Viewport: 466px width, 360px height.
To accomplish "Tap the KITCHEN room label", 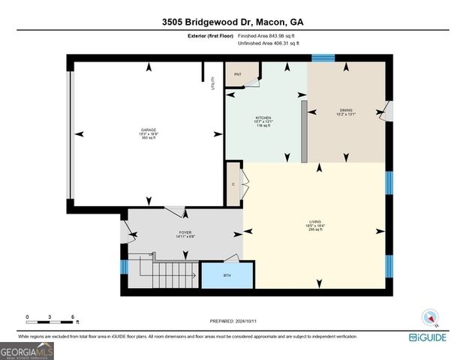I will [x=263, y=118].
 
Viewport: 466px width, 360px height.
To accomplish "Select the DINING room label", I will [x=345, y=110].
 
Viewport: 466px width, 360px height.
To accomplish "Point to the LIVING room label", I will [x=316, y=222].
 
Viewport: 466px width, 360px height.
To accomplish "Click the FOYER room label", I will [x=185, y=232].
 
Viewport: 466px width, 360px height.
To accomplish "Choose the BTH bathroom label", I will [x=227, y=275].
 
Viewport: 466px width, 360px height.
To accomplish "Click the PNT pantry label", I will [x=237, y=75].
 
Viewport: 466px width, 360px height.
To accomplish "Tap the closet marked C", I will [x=234, y=184].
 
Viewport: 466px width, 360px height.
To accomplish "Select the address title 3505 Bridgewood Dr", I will [x=233, y=22].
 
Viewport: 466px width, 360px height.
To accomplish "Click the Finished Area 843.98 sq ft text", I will [x=268, y=36].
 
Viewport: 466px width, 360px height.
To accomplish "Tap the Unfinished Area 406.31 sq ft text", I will [x=268, y=44].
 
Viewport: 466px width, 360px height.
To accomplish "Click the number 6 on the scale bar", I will [x=72, y=317].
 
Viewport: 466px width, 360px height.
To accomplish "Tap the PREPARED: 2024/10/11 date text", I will [x=233, y=321].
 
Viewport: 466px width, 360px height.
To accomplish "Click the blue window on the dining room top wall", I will [x=323, y=58].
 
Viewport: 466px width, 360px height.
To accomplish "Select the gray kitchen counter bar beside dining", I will [x=304, y=131].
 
